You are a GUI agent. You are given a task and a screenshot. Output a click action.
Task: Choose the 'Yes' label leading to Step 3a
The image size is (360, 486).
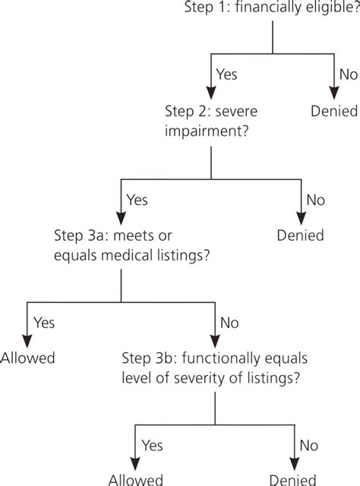click(x=137, y=200)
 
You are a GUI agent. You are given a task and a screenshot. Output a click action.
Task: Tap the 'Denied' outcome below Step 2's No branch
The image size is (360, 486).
click(x=301, y=235)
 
